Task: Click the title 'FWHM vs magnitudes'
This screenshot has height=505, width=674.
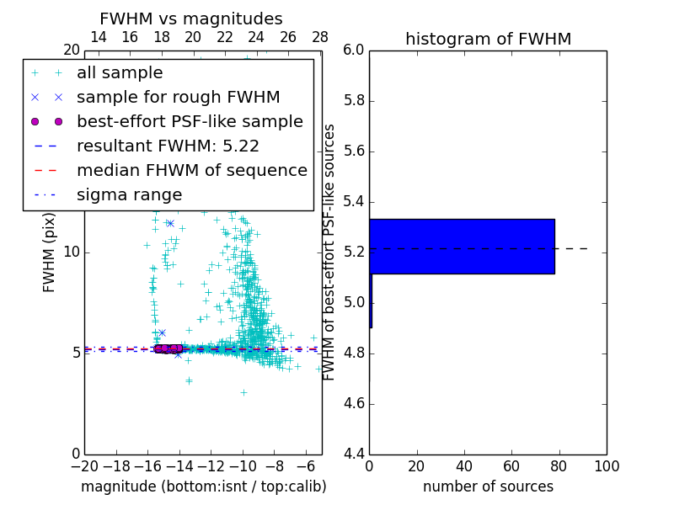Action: [191, 19]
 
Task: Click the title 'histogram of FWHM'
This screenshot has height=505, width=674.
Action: [488, 39]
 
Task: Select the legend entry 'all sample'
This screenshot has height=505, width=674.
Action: [120, 73]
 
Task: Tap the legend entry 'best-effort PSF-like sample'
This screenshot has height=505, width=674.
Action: [190, 122]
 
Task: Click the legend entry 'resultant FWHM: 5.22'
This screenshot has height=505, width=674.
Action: [168, 146]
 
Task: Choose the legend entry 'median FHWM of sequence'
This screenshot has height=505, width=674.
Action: [191, 171]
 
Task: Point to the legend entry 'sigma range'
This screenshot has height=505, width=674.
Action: [129, 195]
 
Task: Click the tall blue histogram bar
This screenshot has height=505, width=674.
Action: [462, 246]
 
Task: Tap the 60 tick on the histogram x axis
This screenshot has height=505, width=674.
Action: [511, 465]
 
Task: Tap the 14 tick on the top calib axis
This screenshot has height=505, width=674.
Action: [98, 37]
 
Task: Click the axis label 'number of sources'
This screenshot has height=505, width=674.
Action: [488, 486]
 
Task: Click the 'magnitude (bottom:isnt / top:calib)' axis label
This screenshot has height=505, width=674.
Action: [203, 486]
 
